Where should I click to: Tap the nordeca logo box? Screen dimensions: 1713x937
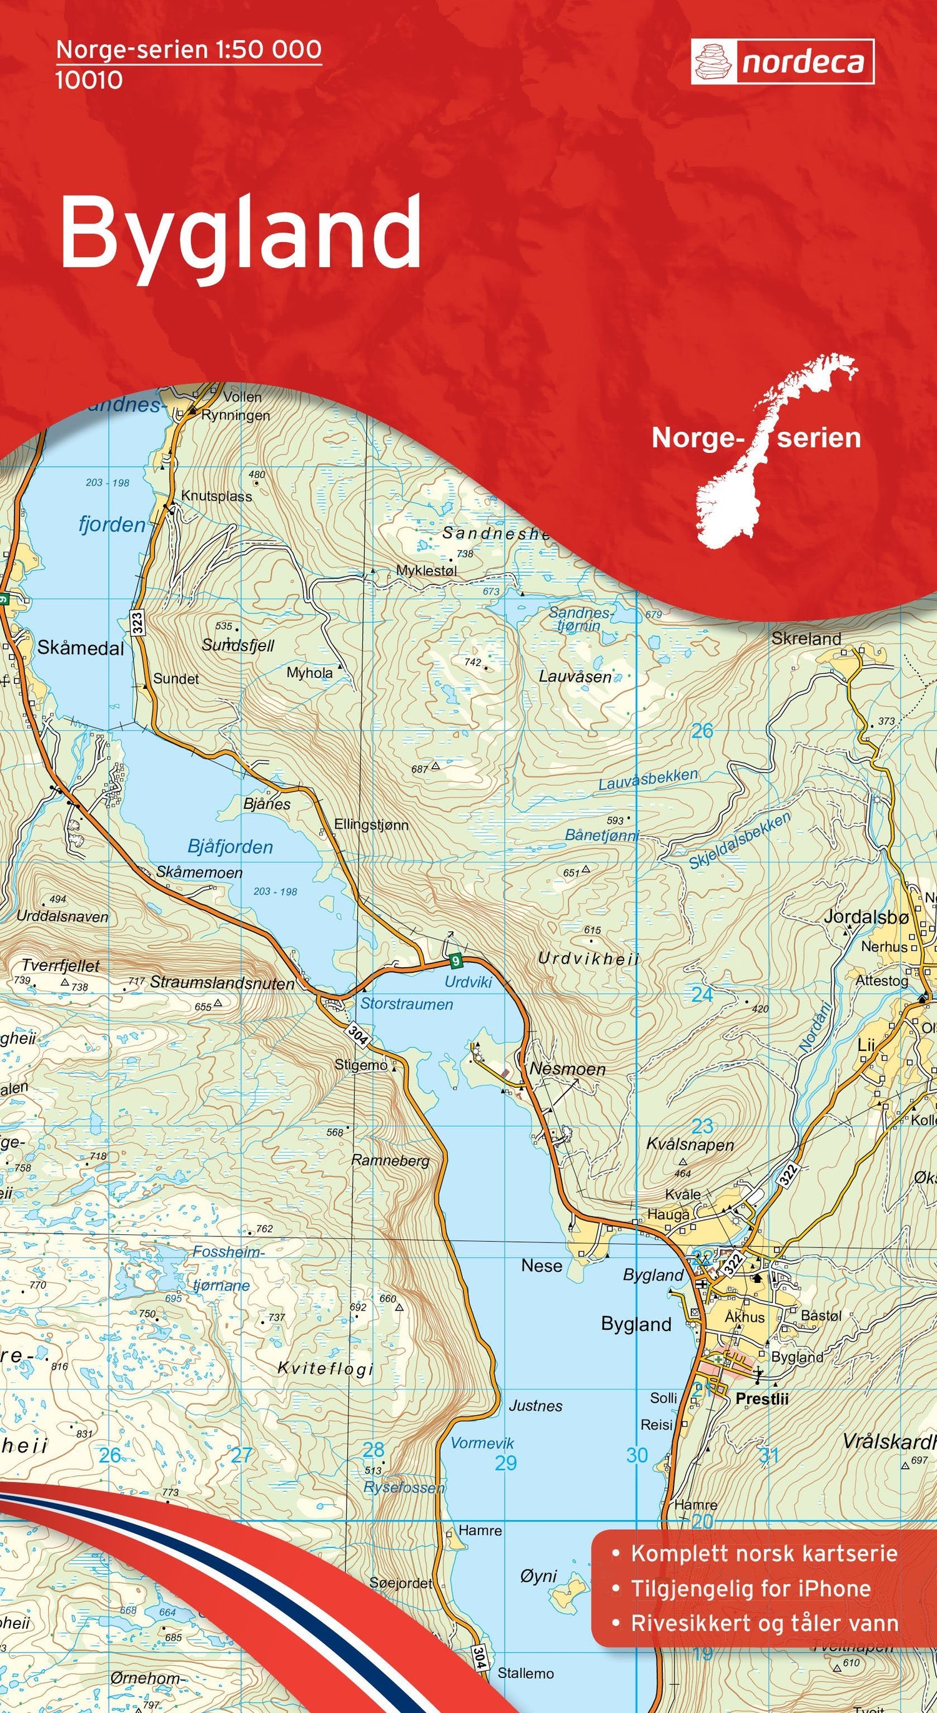(782, 62)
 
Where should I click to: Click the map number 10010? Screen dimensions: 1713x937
(89, 81)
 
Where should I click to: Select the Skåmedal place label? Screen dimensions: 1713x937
(81, 648)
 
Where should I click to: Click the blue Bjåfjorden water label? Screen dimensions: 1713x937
(230, 847)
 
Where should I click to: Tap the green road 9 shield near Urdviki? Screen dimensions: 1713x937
(455, 960)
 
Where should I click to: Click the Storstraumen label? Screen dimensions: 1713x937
(406, 1004)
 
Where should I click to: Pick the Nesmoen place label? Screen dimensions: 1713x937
(567, 1069)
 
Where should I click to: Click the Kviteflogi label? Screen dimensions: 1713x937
(325, 1350)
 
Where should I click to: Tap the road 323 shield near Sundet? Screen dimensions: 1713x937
(137, 622)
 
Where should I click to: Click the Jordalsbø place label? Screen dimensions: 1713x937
(865, 917)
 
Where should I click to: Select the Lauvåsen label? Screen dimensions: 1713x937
(575, 677)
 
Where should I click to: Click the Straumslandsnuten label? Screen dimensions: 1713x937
(222, 983)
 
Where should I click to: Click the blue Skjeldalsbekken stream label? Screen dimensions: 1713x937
(739, 841)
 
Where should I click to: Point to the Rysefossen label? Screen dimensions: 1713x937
(404, 1487)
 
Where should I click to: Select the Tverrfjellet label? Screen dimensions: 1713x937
(60, 965)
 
